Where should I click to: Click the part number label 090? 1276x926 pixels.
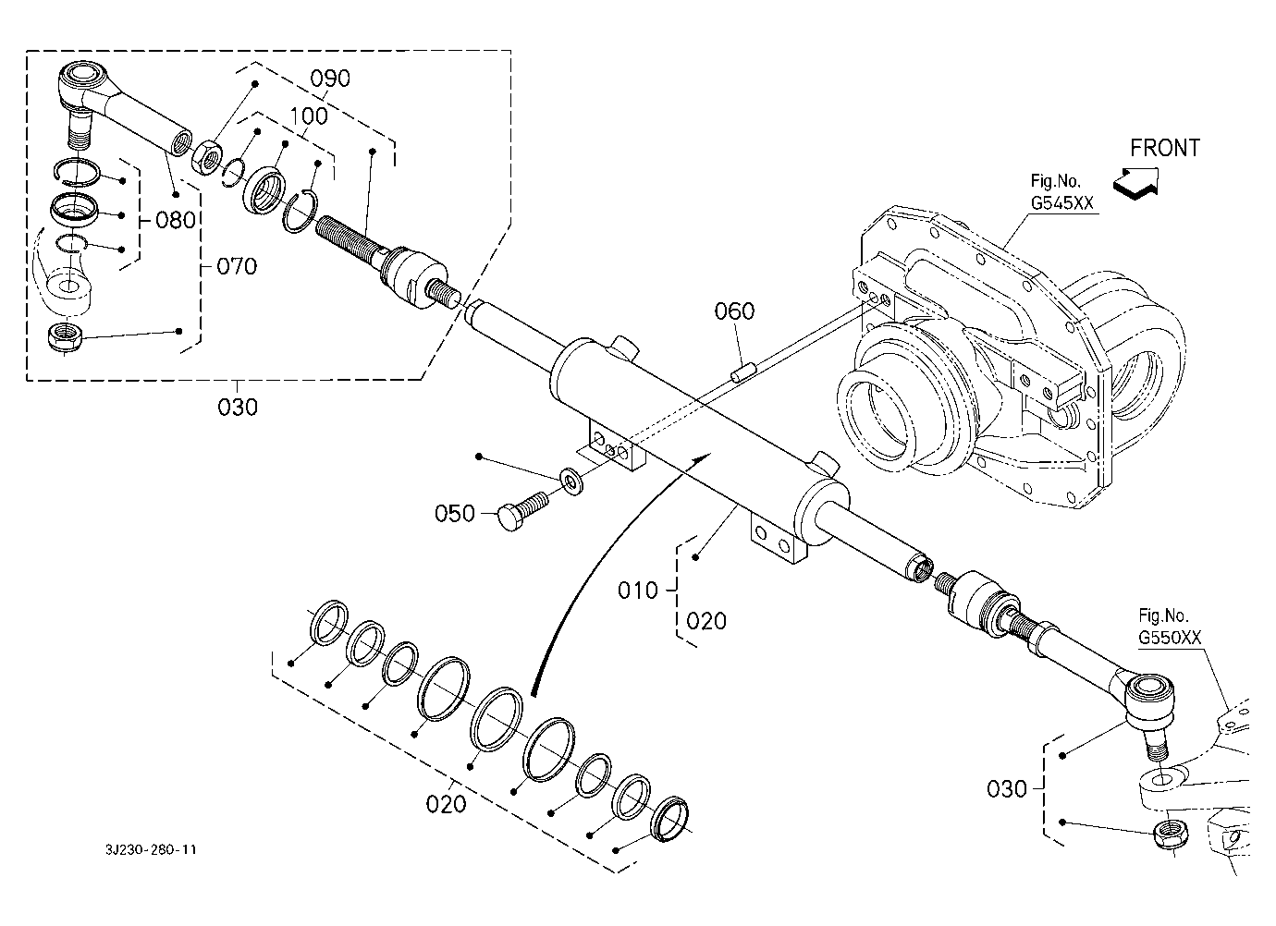tap(330, 79)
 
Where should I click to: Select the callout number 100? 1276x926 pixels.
tap(309, 116)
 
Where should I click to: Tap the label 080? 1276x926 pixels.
tap(176, 220)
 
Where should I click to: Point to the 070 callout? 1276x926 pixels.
tap(237, 266)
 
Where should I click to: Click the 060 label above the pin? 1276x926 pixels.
tap(734, 311)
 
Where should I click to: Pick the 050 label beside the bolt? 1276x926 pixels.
tap(454, 514)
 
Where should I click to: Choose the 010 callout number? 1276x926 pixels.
tap(637, 591)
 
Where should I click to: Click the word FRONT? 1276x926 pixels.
tap(1165, 148)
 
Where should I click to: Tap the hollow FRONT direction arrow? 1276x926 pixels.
tap(1135, 183)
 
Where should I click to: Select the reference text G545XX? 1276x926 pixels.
tap(1062, 202)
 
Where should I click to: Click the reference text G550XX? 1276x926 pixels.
tap(1170, 638)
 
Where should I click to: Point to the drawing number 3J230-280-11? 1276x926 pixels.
tap(151, 849)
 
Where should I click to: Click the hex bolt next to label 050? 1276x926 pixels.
tap(523, 511)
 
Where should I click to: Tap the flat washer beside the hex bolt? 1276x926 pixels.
tap(572, 481)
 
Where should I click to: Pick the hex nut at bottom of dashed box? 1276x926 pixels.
tap(65, 337)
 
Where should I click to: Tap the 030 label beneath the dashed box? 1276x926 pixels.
tap(238, 408)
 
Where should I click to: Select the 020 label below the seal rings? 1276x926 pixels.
tap(446, 804)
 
